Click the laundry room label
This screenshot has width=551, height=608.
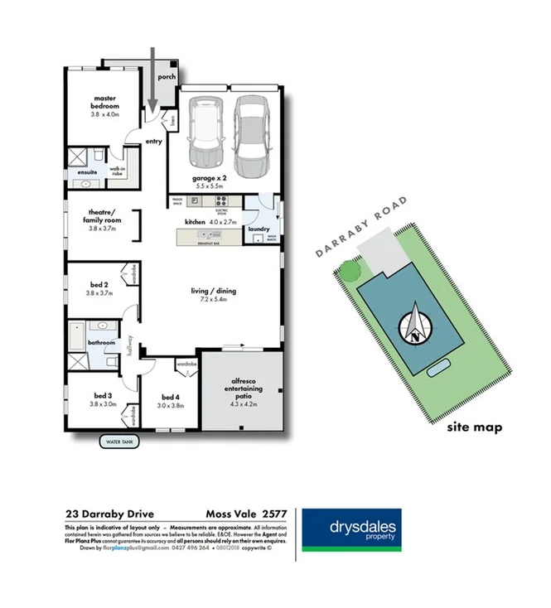(x=260, y=229)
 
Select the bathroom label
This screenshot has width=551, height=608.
(x=103, y=342)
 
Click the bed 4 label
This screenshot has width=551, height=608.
(x=171, y=401)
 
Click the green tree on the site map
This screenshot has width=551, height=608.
(x=350, y=270)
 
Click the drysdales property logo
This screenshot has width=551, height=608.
(x=351, y=529)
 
